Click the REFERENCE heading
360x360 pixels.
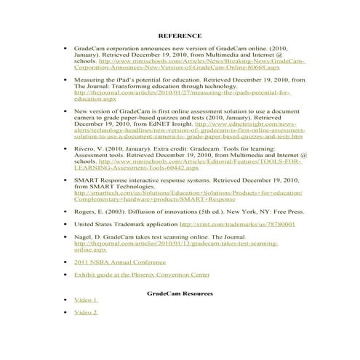[x=179, y=35]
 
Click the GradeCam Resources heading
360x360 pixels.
[x=179, y=293]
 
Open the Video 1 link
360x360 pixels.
[x=86, y=300]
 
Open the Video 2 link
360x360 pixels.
[x=86, y=312]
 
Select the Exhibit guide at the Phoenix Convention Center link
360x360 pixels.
[x=142, y=275]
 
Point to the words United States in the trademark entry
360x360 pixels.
[x=92, y=225]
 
